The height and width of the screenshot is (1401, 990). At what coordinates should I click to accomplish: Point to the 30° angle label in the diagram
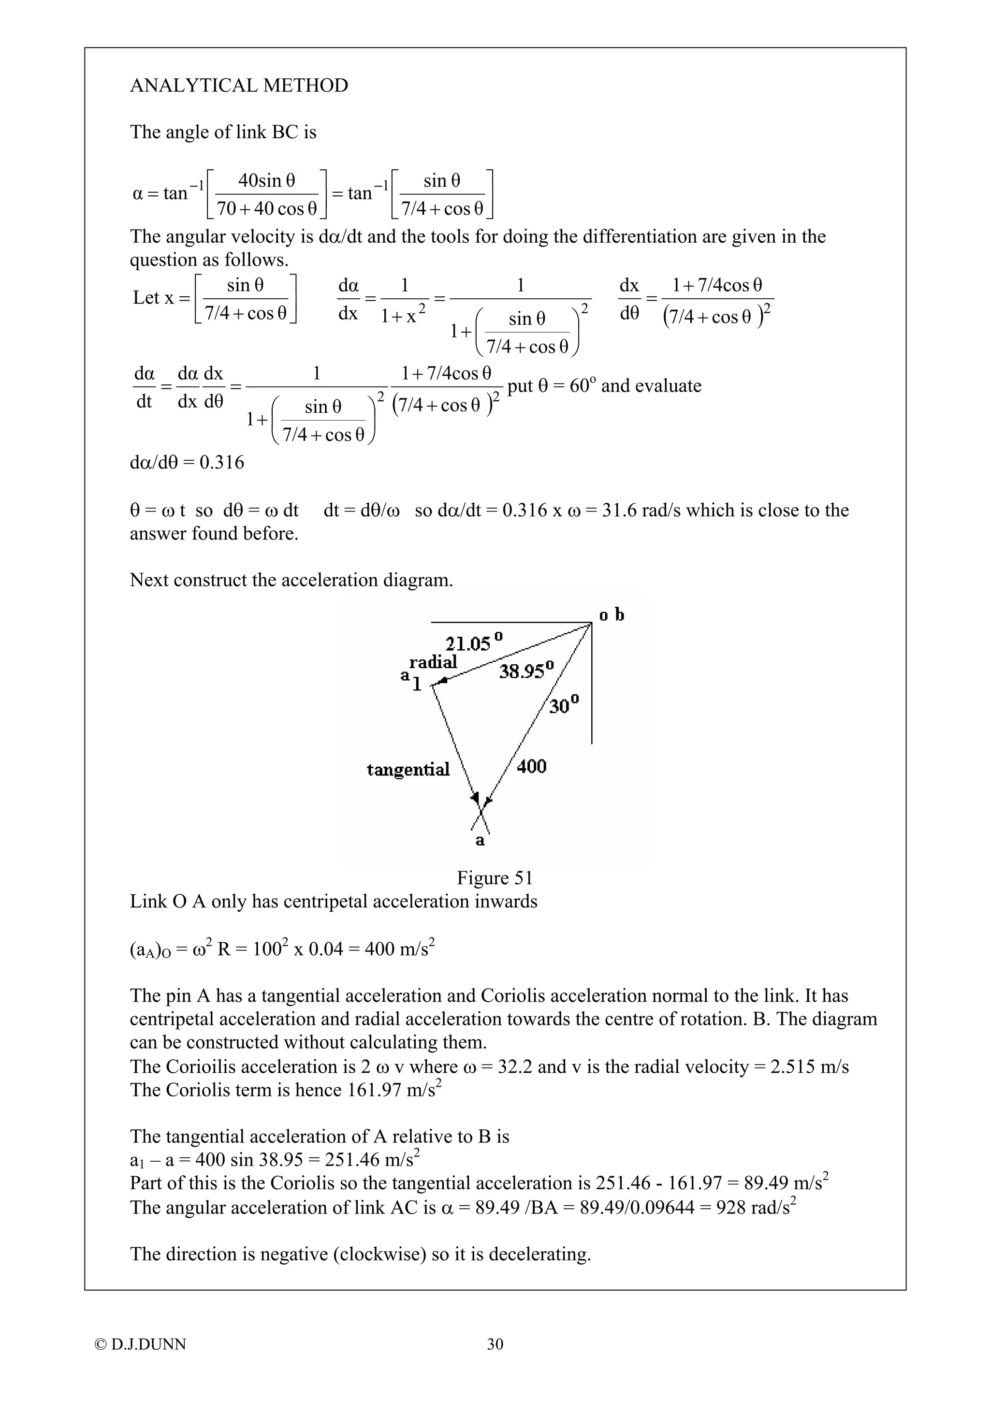564,705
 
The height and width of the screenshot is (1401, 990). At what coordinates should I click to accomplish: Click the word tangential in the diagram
408,770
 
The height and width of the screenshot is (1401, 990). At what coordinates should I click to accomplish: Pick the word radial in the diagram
433,662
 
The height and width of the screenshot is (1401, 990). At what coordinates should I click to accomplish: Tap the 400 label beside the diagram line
531,766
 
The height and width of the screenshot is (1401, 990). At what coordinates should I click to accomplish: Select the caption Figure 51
495,878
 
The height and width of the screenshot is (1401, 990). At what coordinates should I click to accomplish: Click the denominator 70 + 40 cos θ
267,209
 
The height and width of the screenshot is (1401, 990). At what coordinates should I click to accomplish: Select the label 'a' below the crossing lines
480,841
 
